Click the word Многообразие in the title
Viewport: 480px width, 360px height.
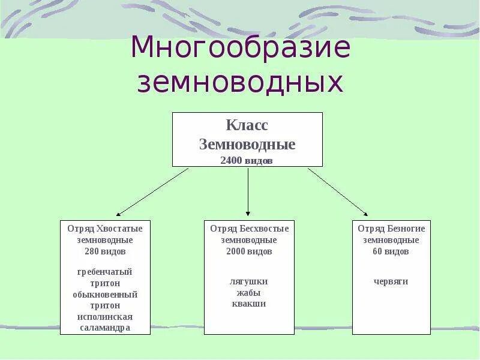[x=240, y=48]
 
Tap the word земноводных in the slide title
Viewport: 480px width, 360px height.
[x=240, y=83]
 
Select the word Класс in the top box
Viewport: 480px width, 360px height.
[x=247, y=126]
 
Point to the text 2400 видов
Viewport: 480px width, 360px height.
[x=247, y=161]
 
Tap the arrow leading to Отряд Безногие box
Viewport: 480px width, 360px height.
[x=338, y=191]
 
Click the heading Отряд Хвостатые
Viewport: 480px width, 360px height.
[x=105, y=229]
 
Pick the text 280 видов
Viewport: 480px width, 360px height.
[x=105, y=251]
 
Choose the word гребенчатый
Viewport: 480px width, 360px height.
[x=105, y=272]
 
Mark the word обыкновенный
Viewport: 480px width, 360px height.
[x=105, y=295]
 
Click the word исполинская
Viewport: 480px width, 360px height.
[x=105, y=317]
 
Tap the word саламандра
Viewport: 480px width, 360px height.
[x=105, y=328]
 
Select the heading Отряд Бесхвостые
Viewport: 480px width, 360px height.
[x=249, y=229]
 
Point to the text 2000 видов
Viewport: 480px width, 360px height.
[x=249, y=251]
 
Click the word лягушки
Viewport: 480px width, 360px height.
[x=249, y=281]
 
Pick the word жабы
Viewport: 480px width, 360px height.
[x=249, y=293]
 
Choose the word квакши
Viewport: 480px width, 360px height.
[x=249, y=304]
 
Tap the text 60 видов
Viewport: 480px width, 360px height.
[x=391, y=251]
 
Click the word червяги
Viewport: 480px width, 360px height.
[x=391, y=281]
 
